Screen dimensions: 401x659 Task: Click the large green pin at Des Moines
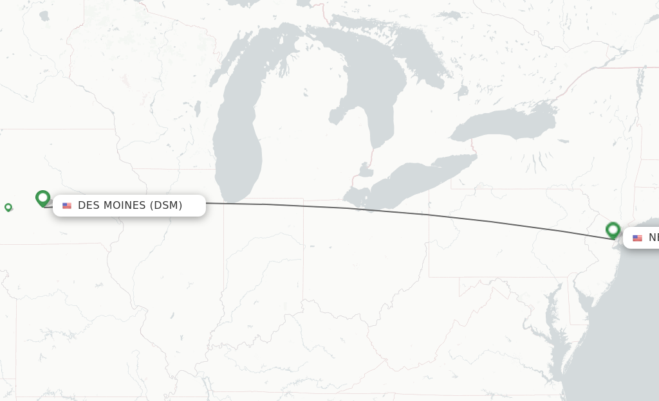click(x=43, y=198)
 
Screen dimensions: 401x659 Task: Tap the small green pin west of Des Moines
click(x=8, y=207)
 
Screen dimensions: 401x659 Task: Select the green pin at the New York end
click(x=613, y=229)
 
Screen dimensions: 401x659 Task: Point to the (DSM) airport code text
click(x=166, y=206)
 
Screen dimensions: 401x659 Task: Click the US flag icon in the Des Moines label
click(x=67, y=206)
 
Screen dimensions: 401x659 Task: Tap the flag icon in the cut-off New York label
click(x=637, y=238)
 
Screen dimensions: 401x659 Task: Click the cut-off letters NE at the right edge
click(x=653, y=238)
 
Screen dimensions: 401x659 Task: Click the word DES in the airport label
click(x=88, y=206)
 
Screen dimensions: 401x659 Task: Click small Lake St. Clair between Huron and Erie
click(x=365, y=172)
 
